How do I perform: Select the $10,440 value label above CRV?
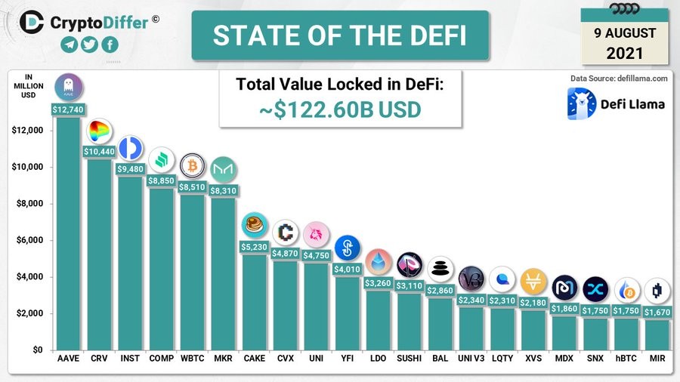pos(99,152)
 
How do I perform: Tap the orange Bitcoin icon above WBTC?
pos(193,165)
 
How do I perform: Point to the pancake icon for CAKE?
pos(254,225)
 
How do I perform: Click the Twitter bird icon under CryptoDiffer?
pos(90,45)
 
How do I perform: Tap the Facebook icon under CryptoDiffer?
pos(110,45)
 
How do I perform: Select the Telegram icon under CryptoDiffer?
pos(70,45)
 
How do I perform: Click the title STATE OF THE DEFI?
pos(339,35)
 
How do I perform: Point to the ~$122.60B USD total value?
pos(340,109)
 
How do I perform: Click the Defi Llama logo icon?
pos(582,103)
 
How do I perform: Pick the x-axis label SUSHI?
pos(410,358)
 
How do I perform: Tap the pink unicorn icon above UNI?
pos(316,235)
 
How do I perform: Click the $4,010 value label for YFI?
pos(347,270)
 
